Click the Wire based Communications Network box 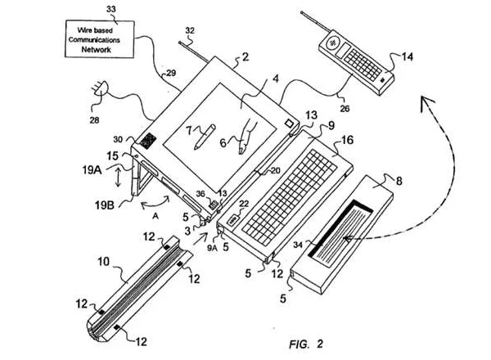pos(100,39)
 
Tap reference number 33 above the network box pos(111,9)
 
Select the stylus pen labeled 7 pos(205,137)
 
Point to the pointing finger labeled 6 pos(247,135)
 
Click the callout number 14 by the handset pos(408,56)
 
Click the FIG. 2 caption pos(305,344)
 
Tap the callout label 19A pos(92,170)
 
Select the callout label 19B pos(104,205)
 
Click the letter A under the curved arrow pos(155,216)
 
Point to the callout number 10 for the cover pos(103,261)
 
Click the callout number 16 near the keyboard pos(347,140)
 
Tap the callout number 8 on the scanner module pos(399,181)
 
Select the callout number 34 pos(298,245)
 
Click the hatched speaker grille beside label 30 pos(148,141)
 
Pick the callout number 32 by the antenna pos(190,30)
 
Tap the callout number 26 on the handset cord pos(345,109)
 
